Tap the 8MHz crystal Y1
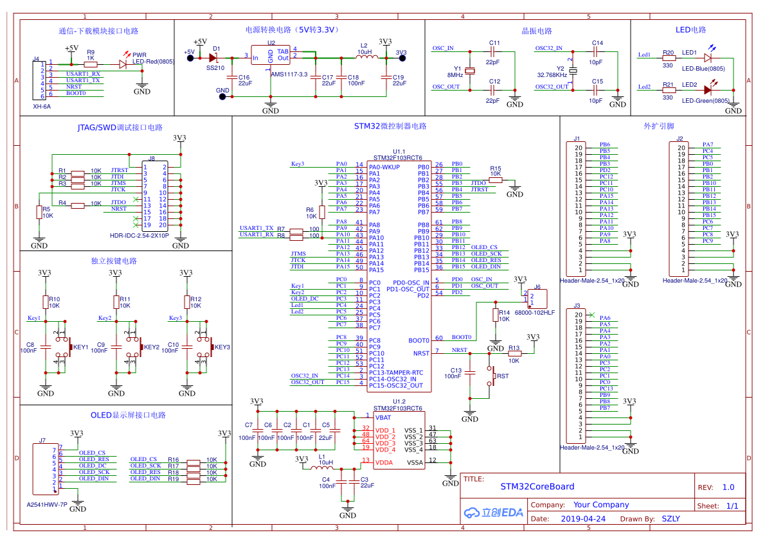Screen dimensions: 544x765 pyautogui.click(x=470, y=70)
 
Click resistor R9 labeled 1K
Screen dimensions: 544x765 pyautogui.click(x=91, y=64)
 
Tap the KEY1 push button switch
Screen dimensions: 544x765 pyautogui.click(x=64, y=347)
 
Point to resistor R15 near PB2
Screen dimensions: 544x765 pyautogui.click(x=495, y=180)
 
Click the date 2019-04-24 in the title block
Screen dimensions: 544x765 pyautogui.click(x=583, y=518)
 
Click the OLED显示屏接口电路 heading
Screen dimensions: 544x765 pyautogui.click(x=127, y=415)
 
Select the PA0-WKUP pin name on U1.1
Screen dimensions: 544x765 pyautogui.click(x=384, y=167)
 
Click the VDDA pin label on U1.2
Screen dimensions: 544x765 pyautogui.click(x=384, y=462)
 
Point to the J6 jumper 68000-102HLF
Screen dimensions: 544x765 pyautogui.click(x=539, y=299)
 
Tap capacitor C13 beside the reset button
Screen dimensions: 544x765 pyautogui.click(x=470, y=372)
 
